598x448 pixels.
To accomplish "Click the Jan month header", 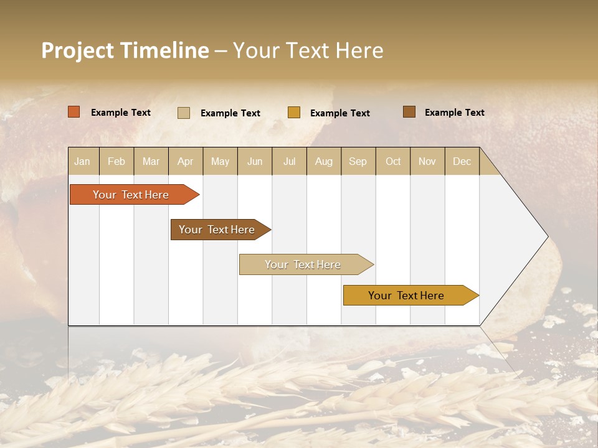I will [x=83, y=161].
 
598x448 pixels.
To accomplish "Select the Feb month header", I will [x=116, y=161].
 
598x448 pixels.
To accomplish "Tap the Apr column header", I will [x=185, y=161].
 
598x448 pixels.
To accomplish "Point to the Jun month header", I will [x=255, y=161].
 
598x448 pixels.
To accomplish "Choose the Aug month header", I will [x=324, y=161].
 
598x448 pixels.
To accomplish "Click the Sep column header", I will [x=358, y=161].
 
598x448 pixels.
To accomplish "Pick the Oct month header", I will [x=393, y=161].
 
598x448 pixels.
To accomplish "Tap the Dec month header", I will [x=462, y=161].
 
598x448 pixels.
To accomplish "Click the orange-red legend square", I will [x=74, y=112].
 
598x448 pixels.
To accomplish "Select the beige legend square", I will [x=184, y=113].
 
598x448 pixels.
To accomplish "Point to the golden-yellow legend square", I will [x=294, y=113].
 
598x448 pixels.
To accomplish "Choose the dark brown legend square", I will [x=409, y=112].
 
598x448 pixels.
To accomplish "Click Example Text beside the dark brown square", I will [x=454, y=112].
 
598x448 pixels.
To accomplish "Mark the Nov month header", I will [x=427, y=161].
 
